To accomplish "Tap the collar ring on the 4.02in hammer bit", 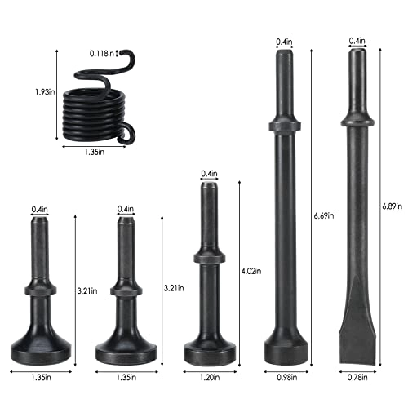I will (x=209, y=257).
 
